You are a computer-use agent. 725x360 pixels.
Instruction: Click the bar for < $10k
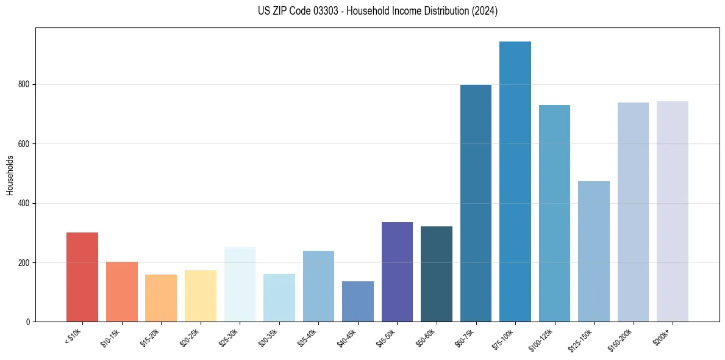point(82,277)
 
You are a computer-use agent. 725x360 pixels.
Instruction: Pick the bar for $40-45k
point(358,301)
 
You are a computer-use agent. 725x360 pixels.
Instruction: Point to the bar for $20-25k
point(201,296)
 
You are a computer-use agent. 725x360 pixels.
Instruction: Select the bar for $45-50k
point(397,263)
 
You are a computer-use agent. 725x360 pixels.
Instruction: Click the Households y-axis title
point(10,175)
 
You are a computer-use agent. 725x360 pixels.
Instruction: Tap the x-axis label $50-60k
point(426,337)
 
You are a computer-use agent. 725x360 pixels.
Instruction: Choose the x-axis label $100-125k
point(542,338)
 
